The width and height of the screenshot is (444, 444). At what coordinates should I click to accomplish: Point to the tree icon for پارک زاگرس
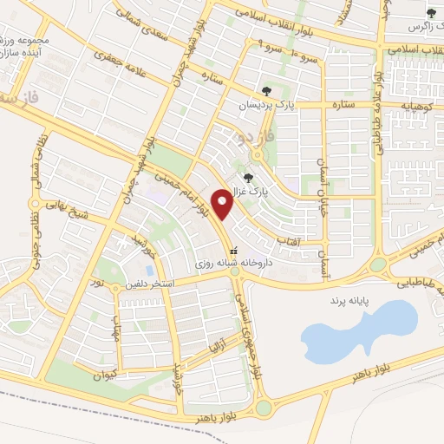[431, 12]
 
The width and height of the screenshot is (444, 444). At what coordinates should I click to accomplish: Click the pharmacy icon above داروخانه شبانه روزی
[221, 250]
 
